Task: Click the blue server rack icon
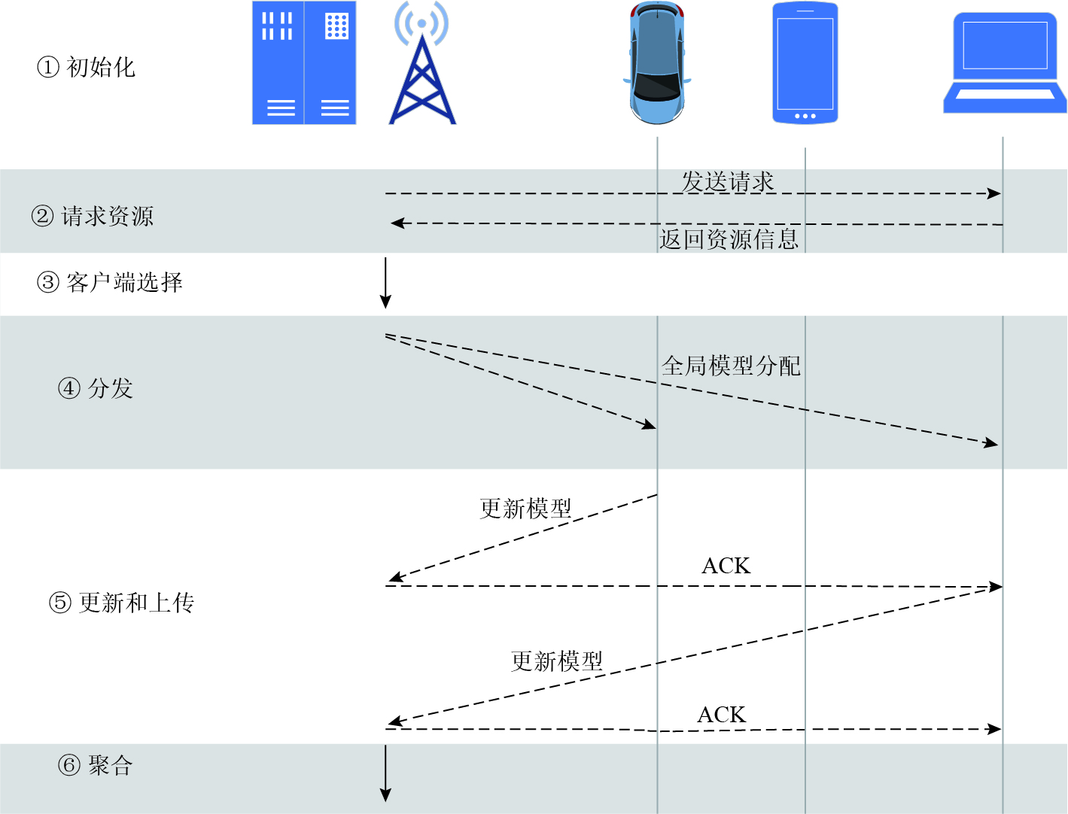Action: coord(303,63)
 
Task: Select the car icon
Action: coord(657,63)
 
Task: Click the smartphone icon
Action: coord(805,63)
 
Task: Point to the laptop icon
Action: coord(1005,63)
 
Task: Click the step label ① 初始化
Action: coord(87,68)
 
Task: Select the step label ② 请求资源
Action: coord(93,217)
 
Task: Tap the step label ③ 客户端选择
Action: coord(110,283)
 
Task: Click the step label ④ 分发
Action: coord(96,388)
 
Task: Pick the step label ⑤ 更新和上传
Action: coord(122,603)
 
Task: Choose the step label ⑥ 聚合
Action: coord(96,766)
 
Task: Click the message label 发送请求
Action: coord(728,181)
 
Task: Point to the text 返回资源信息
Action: coord(729,239)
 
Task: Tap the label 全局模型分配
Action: coord(731,366)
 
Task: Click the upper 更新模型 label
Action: coord(525,509)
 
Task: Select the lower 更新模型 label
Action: coord(557,661)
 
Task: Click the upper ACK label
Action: coord(726,566)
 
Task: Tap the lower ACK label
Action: coord(721,714)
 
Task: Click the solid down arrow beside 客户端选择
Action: coord(385,283)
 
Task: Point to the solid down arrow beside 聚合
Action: coord(385,773)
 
